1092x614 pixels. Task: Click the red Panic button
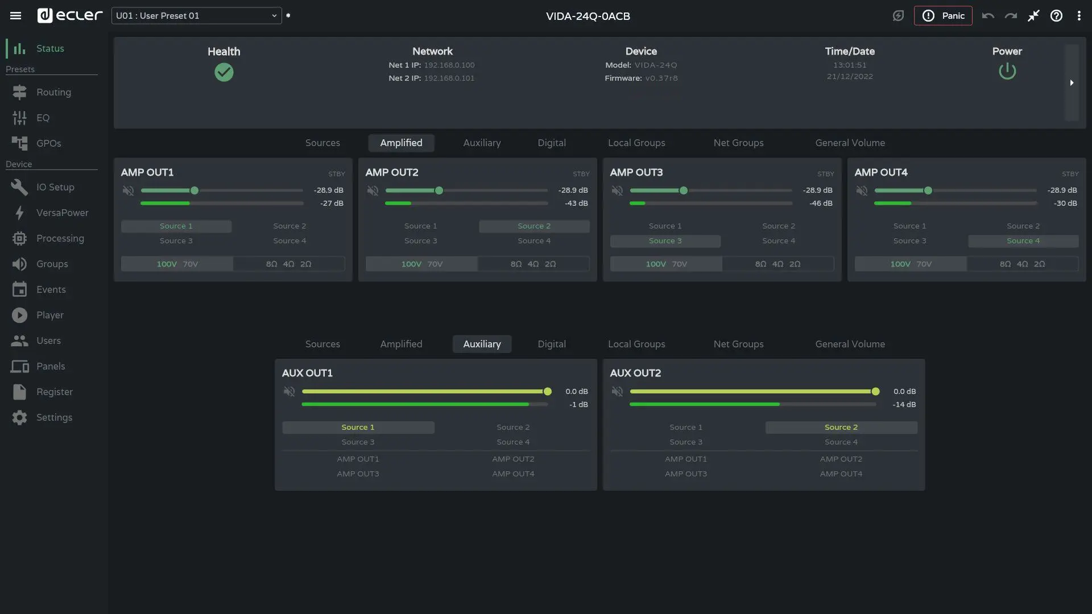(943, 16)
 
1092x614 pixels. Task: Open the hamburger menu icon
(16, 16)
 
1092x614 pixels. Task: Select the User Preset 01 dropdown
(196, 16)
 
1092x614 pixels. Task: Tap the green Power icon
(1007, 72)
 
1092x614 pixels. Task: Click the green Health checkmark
(224, 72)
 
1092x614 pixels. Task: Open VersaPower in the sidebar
(62, 213)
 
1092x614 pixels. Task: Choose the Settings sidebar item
(54, 417)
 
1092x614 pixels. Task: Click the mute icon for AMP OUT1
(129, 190)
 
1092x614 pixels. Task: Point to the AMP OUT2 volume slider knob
(439, 190)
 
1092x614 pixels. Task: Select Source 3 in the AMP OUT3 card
(665, 241)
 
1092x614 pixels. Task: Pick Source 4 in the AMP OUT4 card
(1023, 241)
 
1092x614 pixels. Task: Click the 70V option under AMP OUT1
(190, 264)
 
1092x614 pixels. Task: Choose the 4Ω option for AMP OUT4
(1022, 264)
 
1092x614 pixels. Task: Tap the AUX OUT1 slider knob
(548, 392)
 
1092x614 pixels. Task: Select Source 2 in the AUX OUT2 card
(841, 428)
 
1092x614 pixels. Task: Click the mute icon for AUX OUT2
(618, 392)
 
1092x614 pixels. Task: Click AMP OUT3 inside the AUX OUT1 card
(358, 474)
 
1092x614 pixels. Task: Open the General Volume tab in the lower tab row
(850, 344)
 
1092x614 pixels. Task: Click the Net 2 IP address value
(449, 78)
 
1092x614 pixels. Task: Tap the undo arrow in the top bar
(988, 16)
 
